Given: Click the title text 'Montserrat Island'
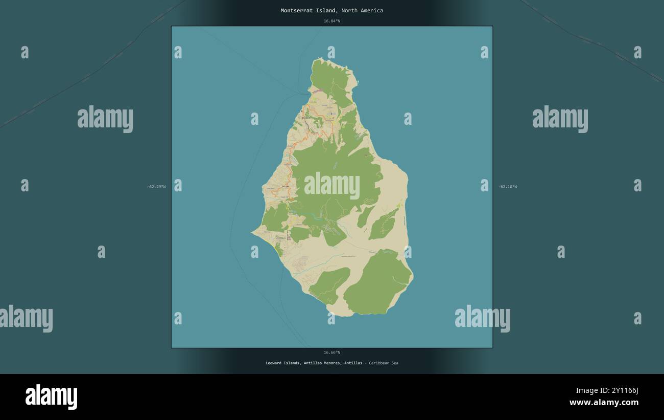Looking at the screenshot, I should click(x=308, y=11).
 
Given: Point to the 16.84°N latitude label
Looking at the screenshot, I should click(x=331, y=21).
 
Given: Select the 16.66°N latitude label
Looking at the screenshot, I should click(x=331, y=352).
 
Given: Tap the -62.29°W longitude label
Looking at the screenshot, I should click(x=156, y=187).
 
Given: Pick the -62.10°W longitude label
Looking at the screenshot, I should click(x=507, y=187).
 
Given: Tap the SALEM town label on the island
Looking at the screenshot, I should click(x=285, y=187).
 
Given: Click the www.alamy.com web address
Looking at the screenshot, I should click(x=604, y=403).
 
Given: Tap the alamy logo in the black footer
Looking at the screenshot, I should click(x=51, y=397).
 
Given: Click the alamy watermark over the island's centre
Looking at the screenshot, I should click(x=331, y=186).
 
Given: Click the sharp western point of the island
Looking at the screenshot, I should click(x=251, y=233).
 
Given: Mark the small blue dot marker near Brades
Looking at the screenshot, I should click(x=331, y=114).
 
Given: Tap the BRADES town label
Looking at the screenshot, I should click(x=305, y=117).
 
